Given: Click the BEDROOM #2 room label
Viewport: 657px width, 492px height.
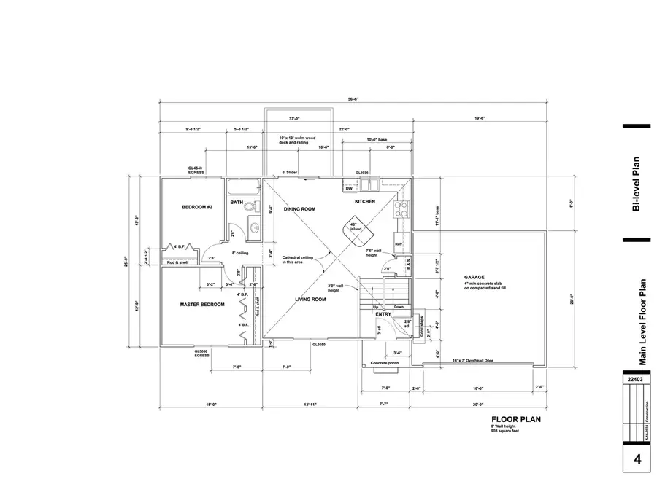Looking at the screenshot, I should [x=196, y=208].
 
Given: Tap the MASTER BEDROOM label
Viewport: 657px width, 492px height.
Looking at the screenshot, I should [x=202, y=304].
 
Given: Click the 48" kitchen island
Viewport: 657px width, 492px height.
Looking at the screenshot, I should [x=356, y=230].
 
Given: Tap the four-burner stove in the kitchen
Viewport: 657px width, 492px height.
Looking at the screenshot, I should [x=401, y=209].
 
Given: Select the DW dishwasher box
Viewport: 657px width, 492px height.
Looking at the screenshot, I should [x=349, y=189].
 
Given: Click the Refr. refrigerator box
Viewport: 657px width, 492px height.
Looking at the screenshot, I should [x=399, y=244].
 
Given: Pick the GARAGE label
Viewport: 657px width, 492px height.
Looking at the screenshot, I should [x=474, y=278].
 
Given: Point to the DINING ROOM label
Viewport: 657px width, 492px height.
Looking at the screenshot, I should [x=299, y=209].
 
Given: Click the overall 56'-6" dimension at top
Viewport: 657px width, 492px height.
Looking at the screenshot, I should [x=353, y=99].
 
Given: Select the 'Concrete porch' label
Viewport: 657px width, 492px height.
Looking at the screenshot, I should [x=383, y=362].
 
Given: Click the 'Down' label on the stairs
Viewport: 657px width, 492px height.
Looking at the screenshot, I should [x=399, y=307].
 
